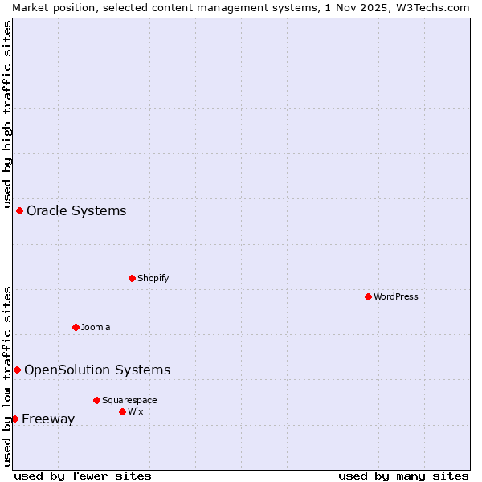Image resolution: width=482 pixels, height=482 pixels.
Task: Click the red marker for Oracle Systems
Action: point(19,210)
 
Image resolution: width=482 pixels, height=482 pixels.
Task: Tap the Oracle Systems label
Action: point(76,211)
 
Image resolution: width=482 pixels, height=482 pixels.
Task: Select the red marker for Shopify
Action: point(132,278)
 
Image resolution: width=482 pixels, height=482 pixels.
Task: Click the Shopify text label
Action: point(153,279)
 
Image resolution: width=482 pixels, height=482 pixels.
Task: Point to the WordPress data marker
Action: point(368,296)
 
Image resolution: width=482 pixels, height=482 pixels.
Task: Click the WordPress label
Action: point(395,297)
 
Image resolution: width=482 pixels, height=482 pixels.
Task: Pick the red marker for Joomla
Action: point(76,327)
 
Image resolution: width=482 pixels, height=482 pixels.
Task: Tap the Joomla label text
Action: point(96,328)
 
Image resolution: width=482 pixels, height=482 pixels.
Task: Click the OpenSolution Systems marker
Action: point(17,370)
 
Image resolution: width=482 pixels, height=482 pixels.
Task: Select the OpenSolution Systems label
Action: point(97,370)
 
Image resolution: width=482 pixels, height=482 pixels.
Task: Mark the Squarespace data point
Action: point(96,400)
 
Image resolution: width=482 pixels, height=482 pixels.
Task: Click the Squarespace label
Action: point(129,401)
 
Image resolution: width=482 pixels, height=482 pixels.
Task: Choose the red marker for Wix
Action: point(122,411)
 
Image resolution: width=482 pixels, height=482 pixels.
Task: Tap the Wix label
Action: point(136,412)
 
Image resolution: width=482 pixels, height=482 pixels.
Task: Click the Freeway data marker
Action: point(14,419)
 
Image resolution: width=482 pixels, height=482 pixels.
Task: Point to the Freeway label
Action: point(48,419)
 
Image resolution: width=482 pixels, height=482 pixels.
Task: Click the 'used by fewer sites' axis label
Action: point(83,476)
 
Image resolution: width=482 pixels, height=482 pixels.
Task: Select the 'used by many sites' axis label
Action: point(403,476)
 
